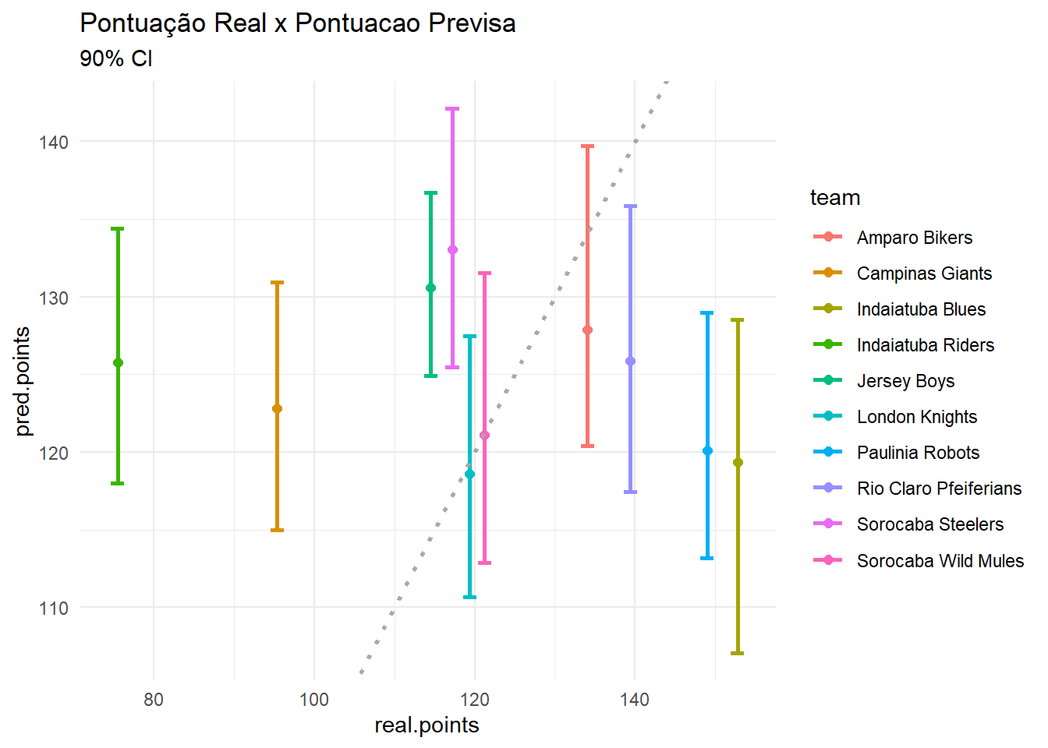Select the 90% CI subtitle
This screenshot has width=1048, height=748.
click(x=115, y=58)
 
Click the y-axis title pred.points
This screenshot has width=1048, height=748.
click(x=23, y=381)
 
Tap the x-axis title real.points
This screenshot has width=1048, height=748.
click(x=427, y=725)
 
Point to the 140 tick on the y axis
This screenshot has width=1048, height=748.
click(x=54, y=143)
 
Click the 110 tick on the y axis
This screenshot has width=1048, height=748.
click(x=54, y=609)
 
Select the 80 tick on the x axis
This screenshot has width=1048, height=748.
click(x=154, y=700)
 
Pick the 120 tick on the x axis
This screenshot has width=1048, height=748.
click(x=474, y=700)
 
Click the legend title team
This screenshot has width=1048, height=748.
click(x=835, y=198)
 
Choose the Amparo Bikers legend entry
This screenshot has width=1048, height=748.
click(x=914, y=238)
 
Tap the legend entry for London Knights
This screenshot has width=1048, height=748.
click(x=916, y=417)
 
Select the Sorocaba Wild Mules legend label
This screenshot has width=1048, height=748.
click(x=940, y=561)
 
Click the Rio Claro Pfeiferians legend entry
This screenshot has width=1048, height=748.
click(x=938, y=489)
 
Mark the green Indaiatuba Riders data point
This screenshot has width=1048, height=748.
click(x=118, y=363)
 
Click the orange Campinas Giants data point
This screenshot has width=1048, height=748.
click(x=277, y=409)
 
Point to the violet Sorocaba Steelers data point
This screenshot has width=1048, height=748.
click(x=452, y=250)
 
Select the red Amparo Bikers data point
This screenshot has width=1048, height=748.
click(x=588, y=330)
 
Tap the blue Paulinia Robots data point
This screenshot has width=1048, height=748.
click(x=707, y=451)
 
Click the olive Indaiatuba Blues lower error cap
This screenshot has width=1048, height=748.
click(x=738, y=653)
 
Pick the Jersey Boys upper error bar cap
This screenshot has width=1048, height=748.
click(x=430, y=192)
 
